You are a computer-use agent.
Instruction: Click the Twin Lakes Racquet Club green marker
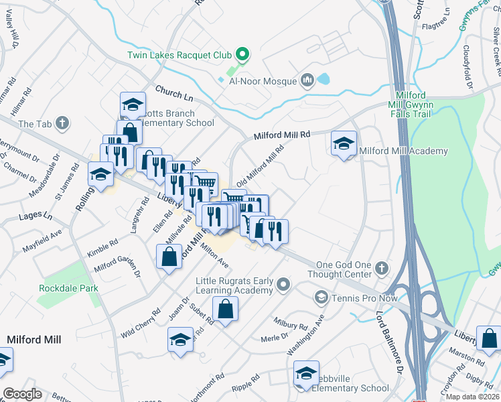coord(244,54)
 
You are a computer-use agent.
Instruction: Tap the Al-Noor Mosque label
coord(263,81)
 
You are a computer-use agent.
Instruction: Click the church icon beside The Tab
coord(62,123)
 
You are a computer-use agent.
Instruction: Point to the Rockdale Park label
coord(68,288)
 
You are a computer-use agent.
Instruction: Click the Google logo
coord(22,393)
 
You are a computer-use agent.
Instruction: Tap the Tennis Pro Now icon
coord(321,297)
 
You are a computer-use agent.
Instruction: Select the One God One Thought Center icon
coord(381,269)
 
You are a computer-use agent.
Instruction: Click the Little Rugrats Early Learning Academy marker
coord(283,285)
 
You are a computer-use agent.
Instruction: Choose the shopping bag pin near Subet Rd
coord(226,310)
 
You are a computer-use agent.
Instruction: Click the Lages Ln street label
coord(39,216)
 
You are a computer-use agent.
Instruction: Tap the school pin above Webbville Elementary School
coord(306,374)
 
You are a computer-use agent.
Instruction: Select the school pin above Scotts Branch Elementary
coord(133,105)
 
